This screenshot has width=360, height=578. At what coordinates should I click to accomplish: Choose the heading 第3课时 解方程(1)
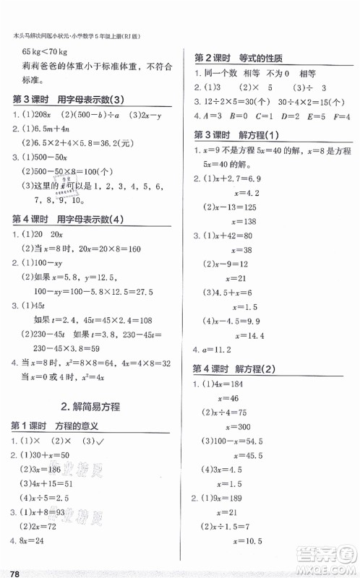tap(237, 134)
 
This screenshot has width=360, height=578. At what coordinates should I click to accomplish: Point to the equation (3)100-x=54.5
tap(242, 441)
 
